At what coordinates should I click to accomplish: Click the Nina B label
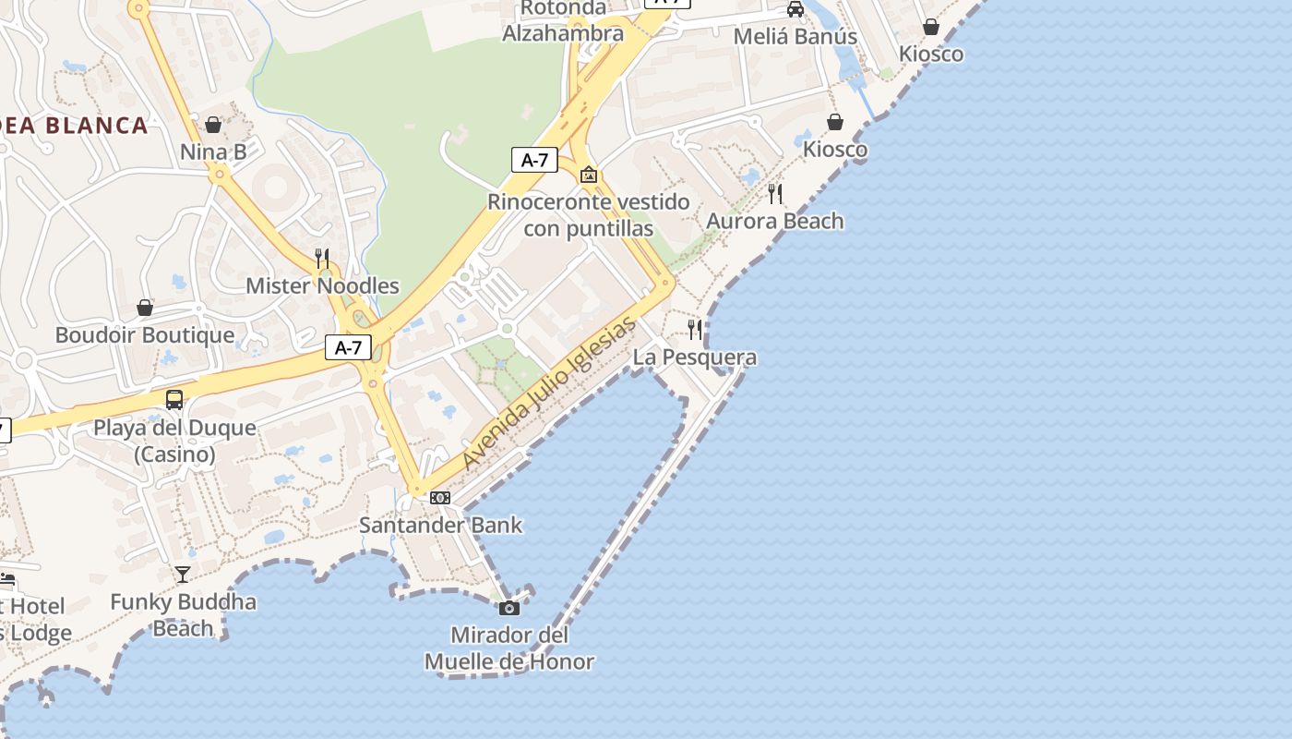213,151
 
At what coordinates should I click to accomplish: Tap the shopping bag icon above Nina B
213,125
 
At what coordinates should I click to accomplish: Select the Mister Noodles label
322,285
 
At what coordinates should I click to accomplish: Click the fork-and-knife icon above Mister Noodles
322,258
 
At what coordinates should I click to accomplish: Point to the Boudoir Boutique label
145,334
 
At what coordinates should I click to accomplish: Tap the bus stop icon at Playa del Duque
174,400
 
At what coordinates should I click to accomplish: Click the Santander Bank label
440,525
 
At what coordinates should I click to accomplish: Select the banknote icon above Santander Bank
440,498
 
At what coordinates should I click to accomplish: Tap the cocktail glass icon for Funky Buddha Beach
183,575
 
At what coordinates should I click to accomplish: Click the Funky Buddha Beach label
183,614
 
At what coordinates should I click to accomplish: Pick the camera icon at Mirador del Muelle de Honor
508,608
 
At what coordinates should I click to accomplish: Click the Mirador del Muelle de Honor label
508,648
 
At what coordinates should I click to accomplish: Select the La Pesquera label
694,357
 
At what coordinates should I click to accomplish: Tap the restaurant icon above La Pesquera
695,329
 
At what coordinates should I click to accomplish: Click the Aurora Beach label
775,221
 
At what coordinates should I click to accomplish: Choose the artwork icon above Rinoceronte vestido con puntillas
589,175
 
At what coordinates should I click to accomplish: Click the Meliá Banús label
795,37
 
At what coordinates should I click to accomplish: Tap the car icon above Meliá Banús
795,10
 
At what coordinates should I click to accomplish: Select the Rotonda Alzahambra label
563,21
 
